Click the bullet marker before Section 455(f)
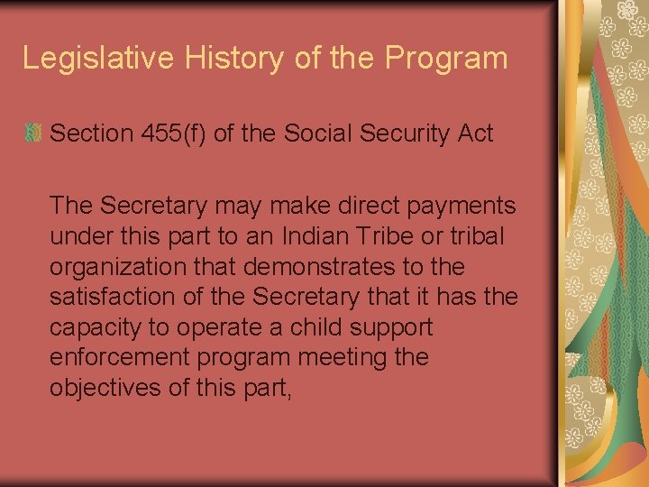coord(32,134)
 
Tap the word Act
coord(476,134)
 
